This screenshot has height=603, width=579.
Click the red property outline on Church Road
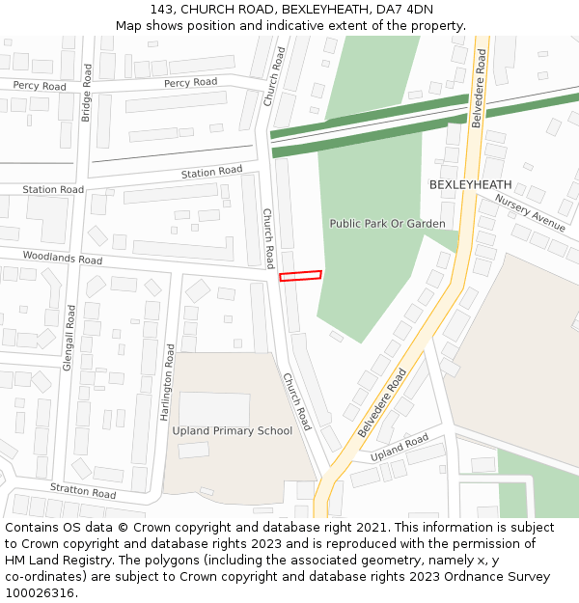(x=300, y=276)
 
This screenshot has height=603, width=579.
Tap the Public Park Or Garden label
(x=387, y=223)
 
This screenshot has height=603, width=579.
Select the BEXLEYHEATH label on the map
(x=470, y=184)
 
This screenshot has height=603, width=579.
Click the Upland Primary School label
(x=232, y=430)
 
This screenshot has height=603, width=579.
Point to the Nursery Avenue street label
(x=530, y=212)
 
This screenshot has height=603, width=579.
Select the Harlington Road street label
(x=169, y=382)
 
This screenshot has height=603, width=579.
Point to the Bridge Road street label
(x=86, y=93)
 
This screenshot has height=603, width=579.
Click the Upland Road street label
(x=399, y=446)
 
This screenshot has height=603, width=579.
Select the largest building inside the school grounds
(x=214, y=409)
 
